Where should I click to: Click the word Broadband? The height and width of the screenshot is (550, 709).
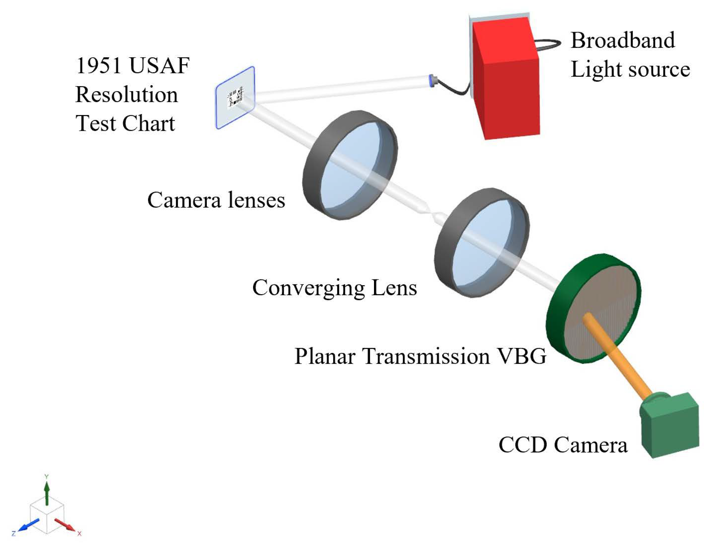pyautogui.click(x=623, y=40)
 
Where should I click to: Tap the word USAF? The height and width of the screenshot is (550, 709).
pyautogui.click(x=159, y=66)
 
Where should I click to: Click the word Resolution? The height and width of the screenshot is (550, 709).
pyautogui.click(x=127, y=95)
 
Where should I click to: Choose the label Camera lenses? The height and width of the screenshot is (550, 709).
pyautogui.click(x=216, y=200)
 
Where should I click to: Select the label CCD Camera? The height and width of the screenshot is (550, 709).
pyautogui.click(x=563, y=445)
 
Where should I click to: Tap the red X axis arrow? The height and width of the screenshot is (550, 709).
pyautogui.click(x=65, y=525)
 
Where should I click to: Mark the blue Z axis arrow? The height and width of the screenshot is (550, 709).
pyautogui.click(x=29, y=525)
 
